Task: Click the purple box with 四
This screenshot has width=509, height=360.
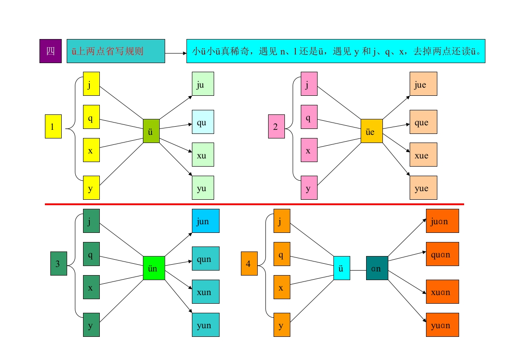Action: coord(51,51)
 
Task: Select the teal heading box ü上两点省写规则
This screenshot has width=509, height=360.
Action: coord(116,51)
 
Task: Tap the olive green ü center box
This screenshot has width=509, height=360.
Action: coord(151,131)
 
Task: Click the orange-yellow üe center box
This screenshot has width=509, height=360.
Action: coord(372,131)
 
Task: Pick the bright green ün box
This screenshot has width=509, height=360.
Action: coord(154,268)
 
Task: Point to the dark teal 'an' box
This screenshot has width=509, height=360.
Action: coord(377,268)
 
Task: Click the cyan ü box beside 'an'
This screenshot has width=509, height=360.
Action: coord(342,268)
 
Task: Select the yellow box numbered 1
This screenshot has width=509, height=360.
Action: coord(53,126)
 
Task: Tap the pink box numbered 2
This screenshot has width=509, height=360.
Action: coord(277,126)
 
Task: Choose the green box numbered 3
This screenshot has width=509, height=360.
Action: coord(59,263)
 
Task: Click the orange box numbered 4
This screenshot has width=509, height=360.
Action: coord(250,263)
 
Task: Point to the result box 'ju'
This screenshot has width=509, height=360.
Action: coord(203,84)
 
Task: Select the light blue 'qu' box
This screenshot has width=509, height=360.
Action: coord(203,122)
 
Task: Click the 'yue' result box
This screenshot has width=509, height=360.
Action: coord(423,188)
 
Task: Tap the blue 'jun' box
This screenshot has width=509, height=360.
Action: coord(206,221)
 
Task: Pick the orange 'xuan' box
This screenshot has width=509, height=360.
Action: coord(442,292)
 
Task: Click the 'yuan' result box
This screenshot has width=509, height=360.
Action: coord(442,325)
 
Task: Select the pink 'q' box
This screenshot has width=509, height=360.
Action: coord(309,117)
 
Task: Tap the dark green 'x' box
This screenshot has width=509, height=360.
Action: coord(91,287)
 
